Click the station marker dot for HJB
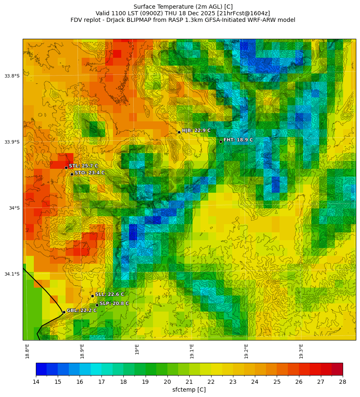[179, 132]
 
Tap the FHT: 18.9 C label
[238, 140]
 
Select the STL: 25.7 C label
[83, 166]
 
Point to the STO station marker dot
[72, 174]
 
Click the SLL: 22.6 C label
[110, 294]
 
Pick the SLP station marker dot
[97, 305]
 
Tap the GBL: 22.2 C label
[82, 310]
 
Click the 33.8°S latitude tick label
[12, 76]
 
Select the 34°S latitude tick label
[14, 208]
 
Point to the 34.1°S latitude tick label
[12, 274]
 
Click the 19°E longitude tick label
[137, 349]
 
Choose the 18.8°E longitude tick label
[27, 351]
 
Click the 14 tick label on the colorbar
[36, 382]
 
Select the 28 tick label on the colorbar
[343, 382]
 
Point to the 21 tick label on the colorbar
[189, 382]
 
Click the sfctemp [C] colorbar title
[189, 390]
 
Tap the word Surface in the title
[144, 7]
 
